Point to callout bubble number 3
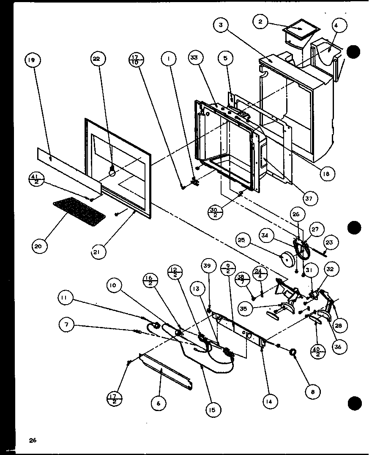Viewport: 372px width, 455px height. point(222,25)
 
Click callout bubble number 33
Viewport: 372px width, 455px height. point(195,60)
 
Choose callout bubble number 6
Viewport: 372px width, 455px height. point(158,403)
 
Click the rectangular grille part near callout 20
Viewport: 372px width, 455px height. point(79,210)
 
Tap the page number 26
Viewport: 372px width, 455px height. point(33,441)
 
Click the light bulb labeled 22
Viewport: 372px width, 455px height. point(112,172)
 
